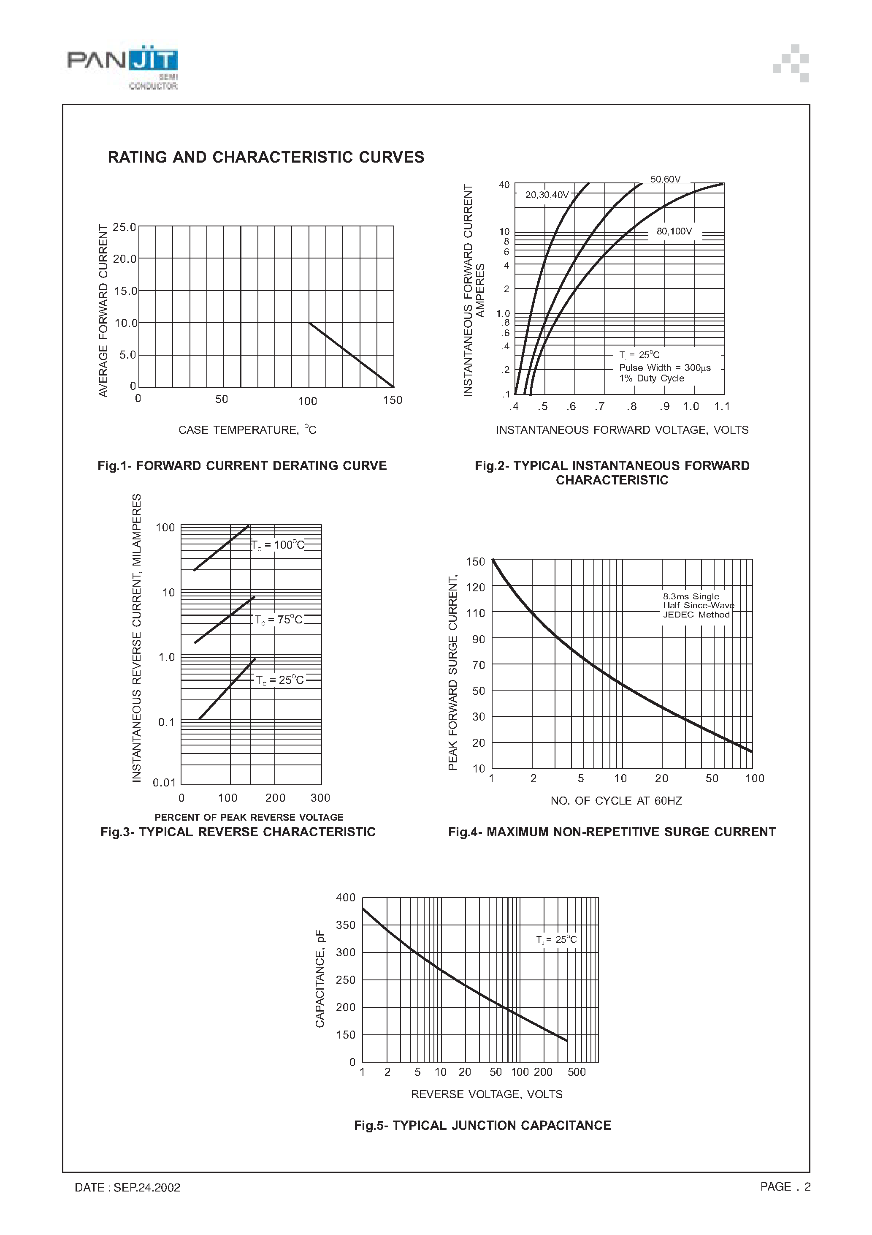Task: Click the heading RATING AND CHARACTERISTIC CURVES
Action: (265, 157)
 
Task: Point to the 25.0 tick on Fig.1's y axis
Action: (124, 227)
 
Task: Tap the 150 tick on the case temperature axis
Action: (393, 400)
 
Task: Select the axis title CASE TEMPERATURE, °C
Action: (247, 430)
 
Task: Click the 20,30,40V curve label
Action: (547, 195)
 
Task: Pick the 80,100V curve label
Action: (674, 231)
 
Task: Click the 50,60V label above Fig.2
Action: (665, 179)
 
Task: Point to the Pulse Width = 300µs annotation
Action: (664, 367)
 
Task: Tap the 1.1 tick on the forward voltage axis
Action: (721, 406)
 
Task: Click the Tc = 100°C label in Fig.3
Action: (279, 545)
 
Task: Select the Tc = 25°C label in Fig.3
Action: (279, 680)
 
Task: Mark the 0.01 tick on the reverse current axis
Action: (164, 782)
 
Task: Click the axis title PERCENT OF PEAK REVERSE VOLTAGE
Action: (249, 817)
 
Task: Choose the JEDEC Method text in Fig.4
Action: (696, 615)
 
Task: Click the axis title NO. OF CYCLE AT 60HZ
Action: (616, 801)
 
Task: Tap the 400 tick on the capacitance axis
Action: (346, 897)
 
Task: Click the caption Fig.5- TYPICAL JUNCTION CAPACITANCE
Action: (482, 1125)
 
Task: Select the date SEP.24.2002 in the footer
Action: (147, 1187)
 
